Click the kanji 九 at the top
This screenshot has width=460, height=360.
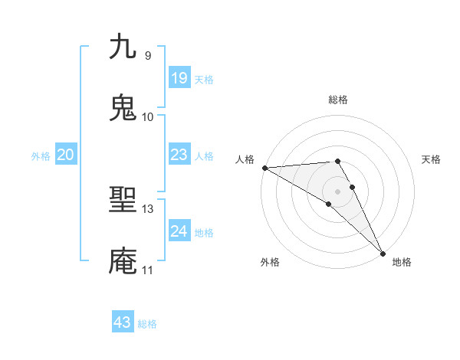tap(123, 47)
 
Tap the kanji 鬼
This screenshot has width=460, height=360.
tap(123, 108)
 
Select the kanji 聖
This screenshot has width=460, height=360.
tap(123, 201)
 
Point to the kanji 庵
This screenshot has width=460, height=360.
tap(123, 261)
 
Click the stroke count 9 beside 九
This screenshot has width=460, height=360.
tap(147, 55)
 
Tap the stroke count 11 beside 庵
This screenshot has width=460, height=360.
tap(147, 270)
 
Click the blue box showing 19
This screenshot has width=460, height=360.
tap(179, 78)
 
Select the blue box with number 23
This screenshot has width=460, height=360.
tap(179, 155)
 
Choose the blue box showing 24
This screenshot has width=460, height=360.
tap(179, 231)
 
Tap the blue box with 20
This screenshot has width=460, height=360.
tap(65, 155)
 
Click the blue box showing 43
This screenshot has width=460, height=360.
tap(122, 322)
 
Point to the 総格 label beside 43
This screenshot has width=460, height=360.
tap(148, 324)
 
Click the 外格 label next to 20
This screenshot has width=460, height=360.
tap(41, 156)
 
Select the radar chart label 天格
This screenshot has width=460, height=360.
tap(432, 159)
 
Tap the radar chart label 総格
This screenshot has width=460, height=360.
tap(337, 100)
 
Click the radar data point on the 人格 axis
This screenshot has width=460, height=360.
tap(264, 168)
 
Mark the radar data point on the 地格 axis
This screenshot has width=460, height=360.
tap(383, 253)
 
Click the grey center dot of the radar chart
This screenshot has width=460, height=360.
tap(337, 191)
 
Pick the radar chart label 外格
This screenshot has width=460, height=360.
tap(270, 263)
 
